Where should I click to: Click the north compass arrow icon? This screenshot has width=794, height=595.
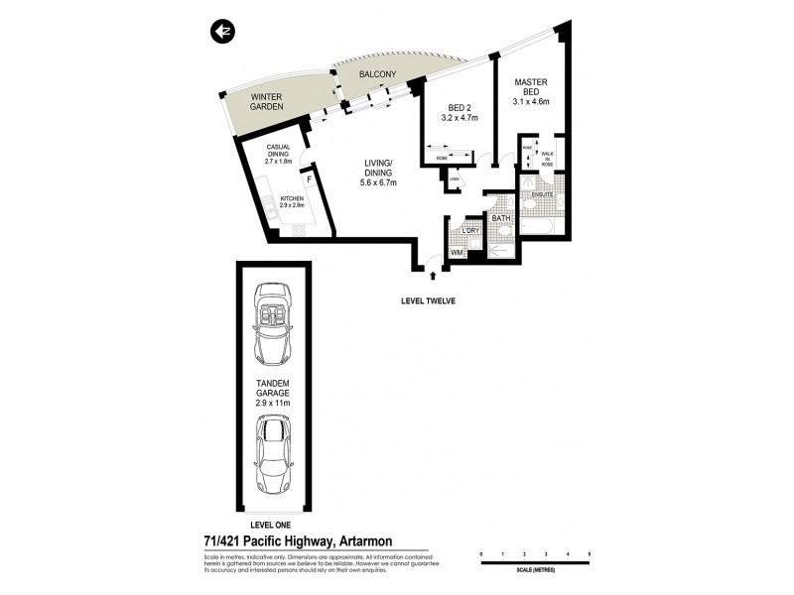click(x=221, y=32)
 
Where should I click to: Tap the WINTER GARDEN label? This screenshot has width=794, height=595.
click(x=267, y=100)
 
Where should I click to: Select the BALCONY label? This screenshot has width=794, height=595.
click(x=377, y=74)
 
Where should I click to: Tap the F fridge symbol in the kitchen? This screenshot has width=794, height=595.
click(x=309, y=180)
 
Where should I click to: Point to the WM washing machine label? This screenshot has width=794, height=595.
click(x=457, y=254)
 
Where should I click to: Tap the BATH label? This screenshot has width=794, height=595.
click(x=500, y=218)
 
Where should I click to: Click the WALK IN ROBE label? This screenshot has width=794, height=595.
click(x=547, y=158)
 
